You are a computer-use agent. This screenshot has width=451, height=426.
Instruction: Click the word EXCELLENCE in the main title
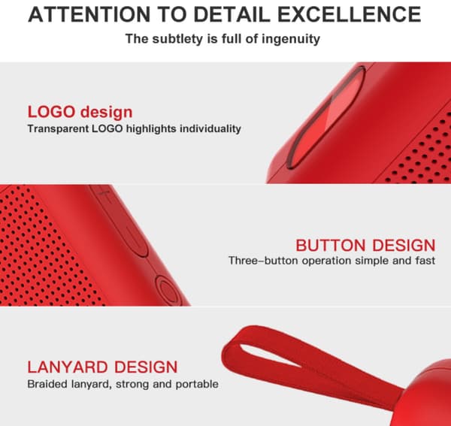pos(350,14)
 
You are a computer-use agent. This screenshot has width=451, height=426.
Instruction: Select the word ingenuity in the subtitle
pos(290,39)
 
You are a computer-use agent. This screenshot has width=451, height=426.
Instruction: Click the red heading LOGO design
pos(80,112)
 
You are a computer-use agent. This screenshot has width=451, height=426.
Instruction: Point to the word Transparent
pos(58,128)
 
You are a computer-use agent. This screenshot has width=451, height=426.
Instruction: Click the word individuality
pos(210,128)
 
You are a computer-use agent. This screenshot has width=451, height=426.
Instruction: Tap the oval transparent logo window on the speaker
pos(326,117)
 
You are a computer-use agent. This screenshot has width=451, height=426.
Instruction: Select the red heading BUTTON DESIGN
pos(365,246)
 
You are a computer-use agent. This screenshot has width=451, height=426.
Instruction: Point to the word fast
pos(425,261)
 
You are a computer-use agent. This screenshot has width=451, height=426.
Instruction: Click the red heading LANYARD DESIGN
pos(102,367)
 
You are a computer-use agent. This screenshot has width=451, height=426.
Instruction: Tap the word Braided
pos(47,384)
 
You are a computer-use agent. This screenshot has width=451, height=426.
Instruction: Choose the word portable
pos(197,385)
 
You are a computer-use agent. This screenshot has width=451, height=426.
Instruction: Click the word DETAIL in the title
pos(232,14)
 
